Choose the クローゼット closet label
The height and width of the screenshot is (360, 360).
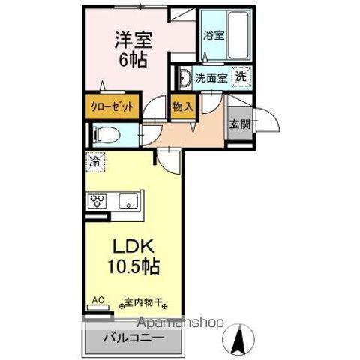pyautogui.click(x=113, y=106)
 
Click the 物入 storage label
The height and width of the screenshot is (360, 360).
pyautogui.click(x=183, y=106)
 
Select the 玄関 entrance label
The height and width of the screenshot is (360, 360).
pyautogui.click(x=239, y=124)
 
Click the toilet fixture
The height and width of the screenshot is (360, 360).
pyautogui.click(x=103, y=135)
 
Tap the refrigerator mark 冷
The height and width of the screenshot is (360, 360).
pyautogui.click(x=95, y=160)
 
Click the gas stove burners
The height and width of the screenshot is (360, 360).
pyautogui.click(x=99, y=200)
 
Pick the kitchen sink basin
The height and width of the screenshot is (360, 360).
pyautogui.click(x=127, y=200)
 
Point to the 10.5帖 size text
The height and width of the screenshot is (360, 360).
pyautogui.click(x=132, y=267)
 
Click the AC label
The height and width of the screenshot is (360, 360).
pyautogui.click(x=97, y=299)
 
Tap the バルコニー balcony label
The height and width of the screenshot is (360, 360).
pyautogui.click(x=133, y=336)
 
